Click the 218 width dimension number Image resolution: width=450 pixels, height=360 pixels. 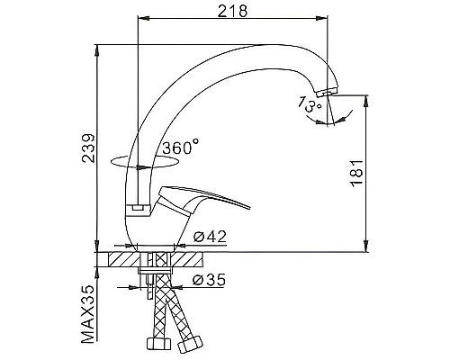click(x=232, y=12)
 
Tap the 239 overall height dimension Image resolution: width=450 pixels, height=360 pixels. click(x=88, y=148)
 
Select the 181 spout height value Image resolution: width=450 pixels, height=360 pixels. click(x=357, y=174)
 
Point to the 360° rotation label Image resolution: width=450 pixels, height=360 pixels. click(x=180, y=147)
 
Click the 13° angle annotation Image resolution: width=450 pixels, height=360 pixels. click(x=310, y=104)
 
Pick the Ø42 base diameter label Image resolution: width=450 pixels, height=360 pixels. click(x=210, y=237)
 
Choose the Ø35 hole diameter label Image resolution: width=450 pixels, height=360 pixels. click(x=209, y=280)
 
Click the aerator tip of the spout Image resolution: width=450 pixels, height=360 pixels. click(x=328, y=91)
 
